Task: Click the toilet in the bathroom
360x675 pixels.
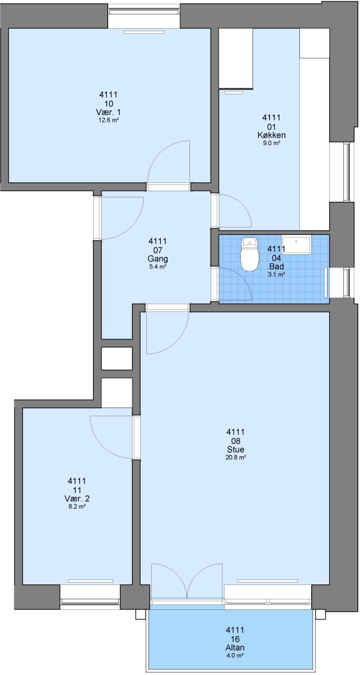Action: (x=249, y=254)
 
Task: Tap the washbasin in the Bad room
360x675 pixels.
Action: (x=296, y=244)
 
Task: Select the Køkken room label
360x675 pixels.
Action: (x=271, y=135)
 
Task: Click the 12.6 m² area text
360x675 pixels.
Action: (x=109, y=121)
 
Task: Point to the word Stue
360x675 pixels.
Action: (x=235, y=450)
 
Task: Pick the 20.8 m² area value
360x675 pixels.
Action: (x=235, y=458)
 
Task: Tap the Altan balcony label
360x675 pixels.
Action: (x=235, y=647)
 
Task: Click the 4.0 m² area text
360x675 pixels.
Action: (x=235, y=656)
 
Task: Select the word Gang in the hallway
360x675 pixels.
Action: (x=157, y=259)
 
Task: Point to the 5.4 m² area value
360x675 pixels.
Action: (x=157, y=267)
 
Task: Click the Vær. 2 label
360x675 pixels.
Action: (x=77, y=499)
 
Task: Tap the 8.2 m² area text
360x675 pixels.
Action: (x=77, y=507)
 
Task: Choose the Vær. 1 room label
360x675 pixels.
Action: (x=109, y=112)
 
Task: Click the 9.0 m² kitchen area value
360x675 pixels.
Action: (x=271, y=143)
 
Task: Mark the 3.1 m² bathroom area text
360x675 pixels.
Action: (x=276, y=274)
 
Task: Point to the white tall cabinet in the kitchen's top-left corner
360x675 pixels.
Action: (x=236, y=59)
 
